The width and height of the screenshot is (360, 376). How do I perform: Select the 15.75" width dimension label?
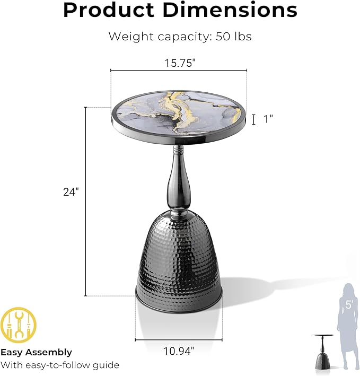[180, 63]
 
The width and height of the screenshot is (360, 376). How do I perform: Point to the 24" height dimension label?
[71, 192]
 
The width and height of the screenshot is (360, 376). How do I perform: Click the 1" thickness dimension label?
[268, 119]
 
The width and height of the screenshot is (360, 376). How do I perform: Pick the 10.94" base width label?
[179, 351]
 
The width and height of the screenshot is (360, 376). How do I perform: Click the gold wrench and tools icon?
[18, 325]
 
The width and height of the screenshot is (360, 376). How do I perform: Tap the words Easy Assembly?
[36, 352]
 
